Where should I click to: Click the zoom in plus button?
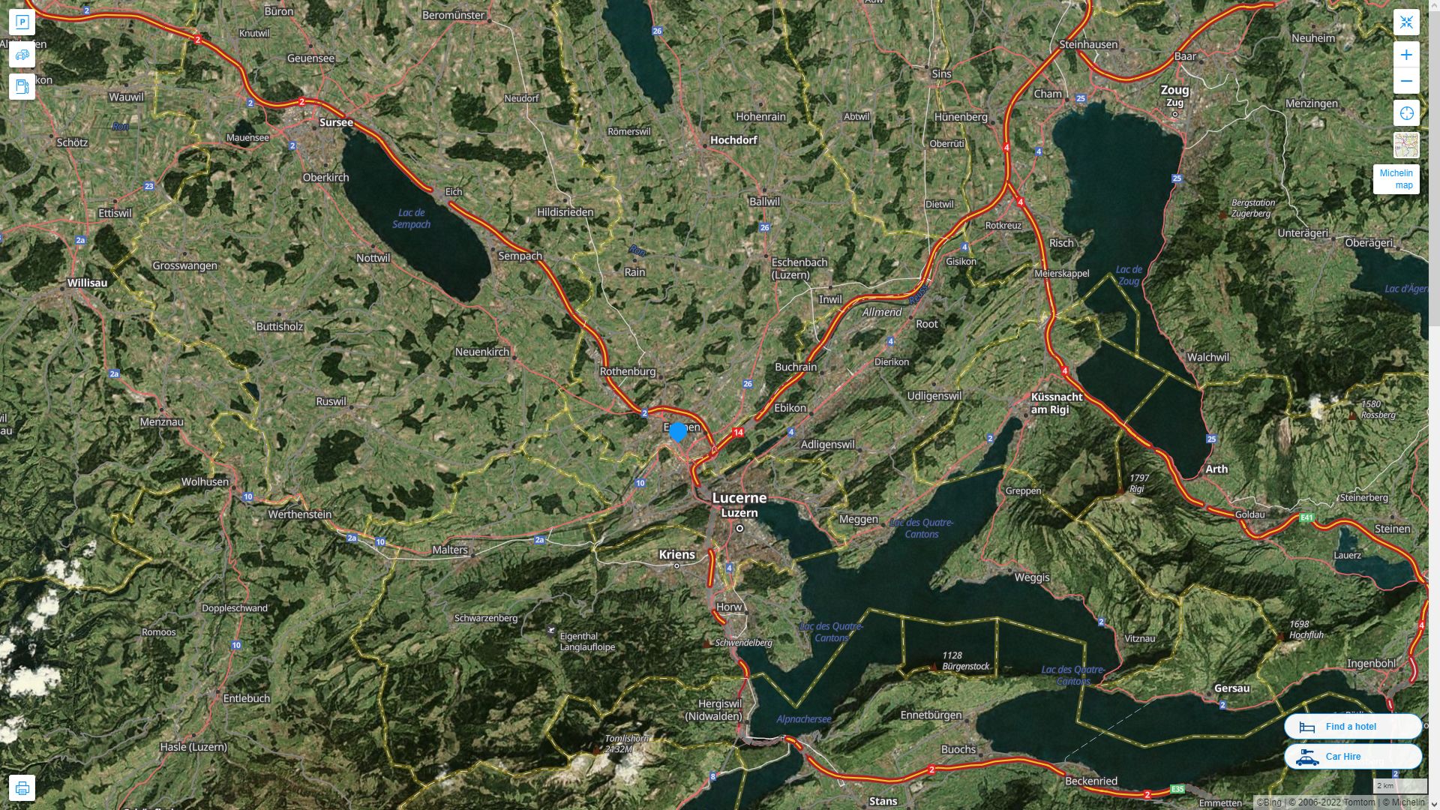point(1406,55)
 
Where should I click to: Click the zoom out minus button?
point(1406,81)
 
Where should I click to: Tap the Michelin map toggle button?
point(1396,179)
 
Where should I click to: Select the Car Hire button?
point(1352,756)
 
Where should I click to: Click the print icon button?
point(22,788)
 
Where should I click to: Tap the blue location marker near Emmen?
point(678,431)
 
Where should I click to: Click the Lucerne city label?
point(739,498)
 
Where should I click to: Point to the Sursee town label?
point(336,122)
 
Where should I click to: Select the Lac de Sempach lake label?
point(411,218)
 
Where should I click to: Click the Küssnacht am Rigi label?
point(1056,403)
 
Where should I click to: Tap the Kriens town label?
point(676,554)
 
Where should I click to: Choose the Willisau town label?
point(87,283)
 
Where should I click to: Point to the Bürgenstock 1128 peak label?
point(965,661)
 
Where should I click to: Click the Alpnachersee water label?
point(803,718)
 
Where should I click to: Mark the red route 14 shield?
point(739,432)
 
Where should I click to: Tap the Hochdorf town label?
point(733,139)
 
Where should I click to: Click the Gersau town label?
point(1231,688)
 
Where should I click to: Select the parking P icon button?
point(22,22)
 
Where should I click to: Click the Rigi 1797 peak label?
point(1138,483)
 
